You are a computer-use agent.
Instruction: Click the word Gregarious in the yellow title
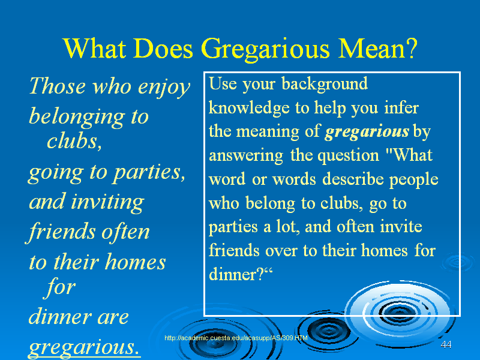click(x=265, y=49)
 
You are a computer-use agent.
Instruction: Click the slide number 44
click(x=446, y=344)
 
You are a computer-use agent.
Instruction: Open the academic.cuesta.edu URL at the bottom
click(x=236, y=338)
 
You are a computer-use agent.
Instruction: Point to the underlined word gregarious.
click(x=84, y=348)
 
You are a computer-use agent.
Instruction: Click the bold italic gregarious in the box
click(x=367, y=132)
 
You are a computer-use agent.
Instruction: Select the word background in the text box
click(x=325, y=83)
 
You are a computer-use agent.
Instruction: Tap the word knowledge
click(x=249, y=108)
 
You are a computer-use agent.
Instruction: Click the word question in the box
click(x=349, y=156)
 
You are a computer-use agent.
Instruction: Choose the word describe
click(x=353, y=179)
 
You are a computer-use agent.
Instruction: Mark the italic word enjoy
click(x=164, y=88)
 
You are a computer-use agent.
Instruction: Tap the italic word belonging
click(x=77, y=117)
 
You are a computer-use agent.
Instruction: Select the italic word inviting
click(x=107, y=202)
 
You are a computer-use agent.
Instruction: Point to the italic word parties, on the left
click(x=149, y=173)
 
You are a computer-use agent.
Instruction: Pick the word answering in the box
click(x=246, y=156)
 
